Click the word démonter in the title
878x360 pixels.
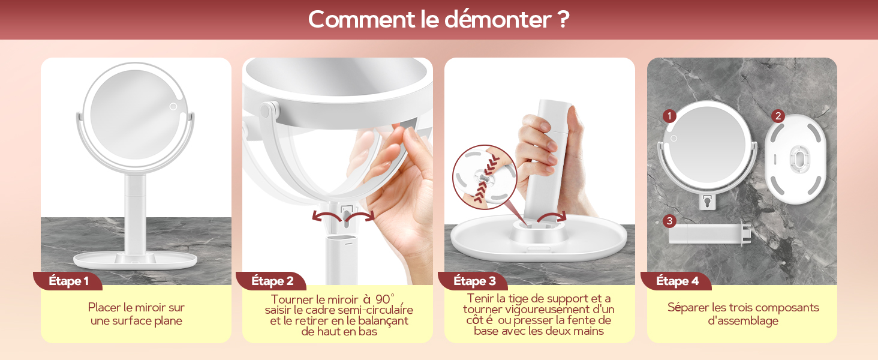click(498, 19)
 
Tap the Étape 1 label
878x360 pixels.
click(68, 281)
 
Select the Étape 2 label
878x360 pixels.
click(272, 281)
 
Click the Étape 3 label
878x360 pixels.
click(474, 281)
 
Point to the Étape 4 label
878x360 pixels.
click(677, 281)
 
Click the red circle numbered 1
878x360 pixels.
click(669, 116)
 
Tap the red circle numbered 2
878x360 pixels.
click(778, 116)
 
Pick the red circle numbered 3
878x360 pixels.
click(669, 221)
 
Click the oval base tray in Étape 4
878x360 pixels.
click(795, 159)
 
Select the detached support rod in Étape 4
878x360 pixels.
click(709, 233)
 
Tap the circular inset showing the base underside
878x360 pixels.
click(485, 177)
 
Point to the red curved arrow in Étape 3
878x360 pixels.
click(552, 216)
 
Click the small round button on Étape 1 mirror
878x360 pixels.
click(173, 106)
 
